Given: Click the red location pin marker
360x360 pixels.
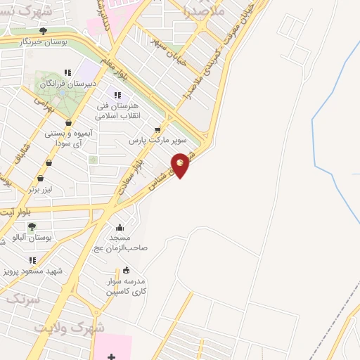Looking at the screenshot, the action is pos(181,165).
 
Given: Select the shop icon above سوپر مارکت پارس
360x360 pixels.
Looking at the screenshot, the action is pos(157,130).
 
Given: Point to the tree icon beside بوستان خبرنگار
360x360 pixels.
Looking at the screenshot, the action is pos(44,31).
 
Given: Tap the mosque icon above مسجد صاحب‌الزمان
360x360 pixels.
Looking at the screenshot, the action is pos(120,227).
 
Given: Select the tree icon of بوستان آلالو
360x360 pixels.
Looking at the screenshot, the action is pos(31,226).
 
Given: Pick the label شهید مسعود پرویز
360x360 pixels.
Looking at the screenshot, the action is pos(32,271).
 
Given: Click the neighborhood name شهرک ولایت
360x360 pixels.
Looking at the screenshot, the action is pos(82,328).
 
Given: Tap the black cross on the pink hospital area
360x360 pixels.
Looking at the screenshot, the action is pos(111,357).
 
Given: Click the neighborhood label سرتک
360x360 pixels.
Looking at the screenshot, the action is pos(22,298).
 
